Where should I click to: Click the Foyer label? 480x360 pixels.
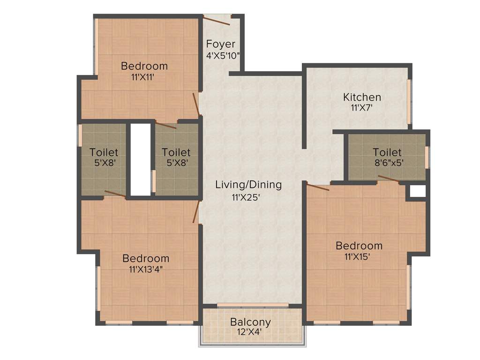[x=221, y=45]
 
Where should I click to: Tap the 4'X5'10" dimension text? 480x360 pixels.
[x=223, y=55]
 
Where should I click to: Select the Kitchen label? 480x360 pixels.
[x=362, y=97]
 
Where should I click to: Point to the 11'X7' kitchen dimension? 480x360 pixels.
[x=362, y=107]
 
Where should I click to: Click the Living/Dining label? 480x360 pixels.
[x=248, y=185]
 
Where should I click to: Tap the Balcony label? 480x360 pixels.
[x=250, y=322]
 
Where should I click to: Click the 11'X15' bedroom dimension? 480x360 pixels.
[x=359, y=256]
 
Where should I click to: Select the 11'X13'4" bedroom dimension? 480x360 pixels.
[x=146, y=269]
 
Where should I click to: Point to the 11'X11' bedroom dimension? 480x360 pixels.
[x=143, y=77]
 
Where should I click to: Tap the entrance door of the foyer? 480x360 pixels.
[x=217, y=20]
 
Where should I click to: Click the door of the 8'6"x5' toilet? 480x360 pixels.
[x=389, y=178]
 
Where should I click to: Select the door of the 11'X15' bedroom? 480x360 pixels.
[x=318, y=187]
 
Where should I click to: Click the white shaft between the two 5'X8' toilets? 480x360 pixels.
[x=140, y=159]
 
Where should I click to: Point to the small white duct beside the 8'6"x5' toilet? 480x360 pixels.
[x=417, y=191]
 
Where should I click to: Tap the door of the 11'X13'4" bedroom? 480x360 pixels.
[x=196, y=212]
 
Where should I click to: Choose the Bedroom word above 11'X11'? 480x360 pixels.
[x=144, y=66]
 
